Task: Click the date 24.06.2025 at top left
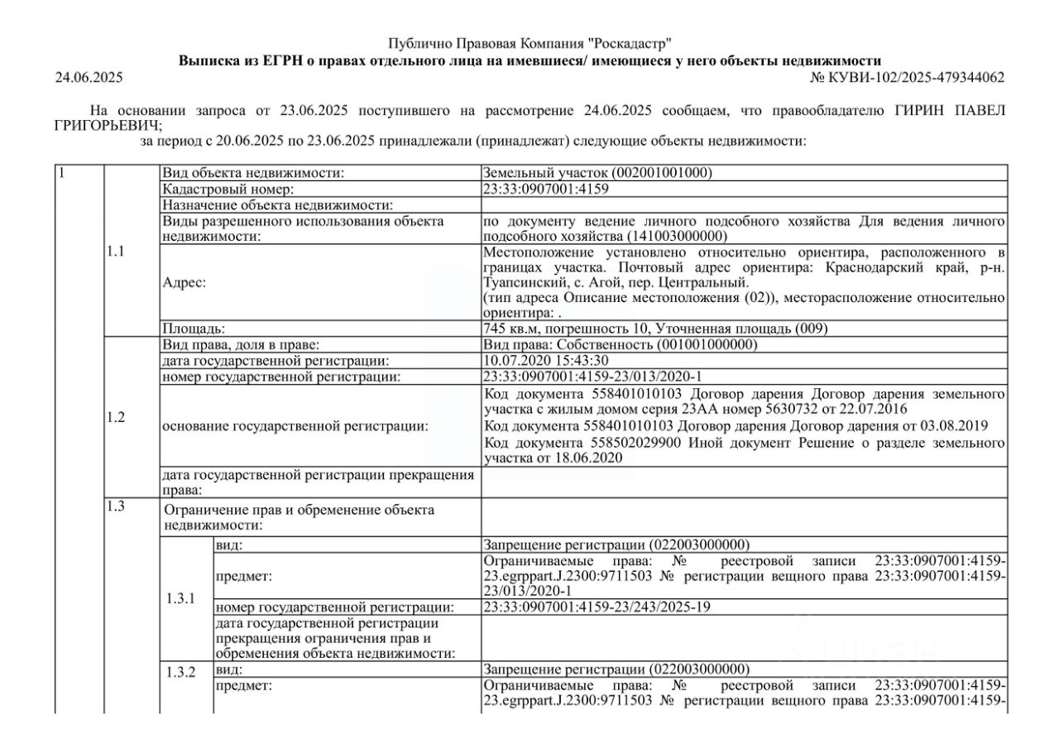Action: coord(89,78)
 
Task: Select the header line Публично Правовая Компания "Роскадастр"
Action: coord(529,43)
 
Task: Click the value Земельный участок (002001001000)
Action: coord(597,173)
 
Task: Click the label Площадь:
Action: coord(194,329)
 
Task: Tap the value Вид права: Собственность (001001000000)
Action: coord(620,344)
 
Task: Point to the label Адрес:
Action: coord(184,281)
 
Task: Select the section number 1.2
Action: coord(116,417)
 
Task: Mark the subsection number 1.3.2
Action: coord(181,672)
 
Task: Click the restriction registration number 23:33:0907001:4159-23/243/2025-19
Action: coord(597,607)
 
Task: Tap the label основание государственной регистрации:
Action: coord(295,425)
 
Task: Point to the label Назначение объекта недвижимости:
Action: coord(276,204)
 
